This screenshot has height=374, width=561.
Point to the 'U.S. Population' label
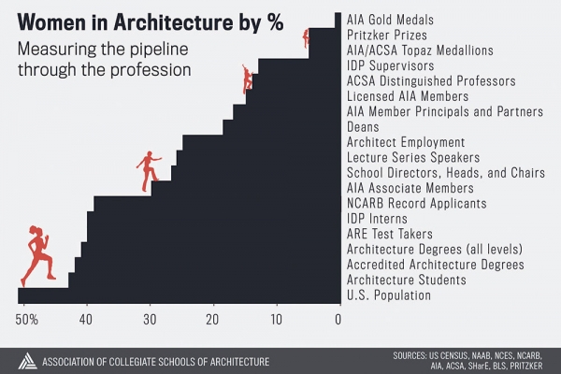(389, 295)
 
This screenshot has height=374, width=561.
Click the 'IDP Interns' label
(378, 219)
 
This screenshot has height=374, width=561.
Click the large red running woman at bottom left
(37, 254)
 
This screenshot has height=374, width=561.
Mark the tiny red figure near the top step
(306, 37)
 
